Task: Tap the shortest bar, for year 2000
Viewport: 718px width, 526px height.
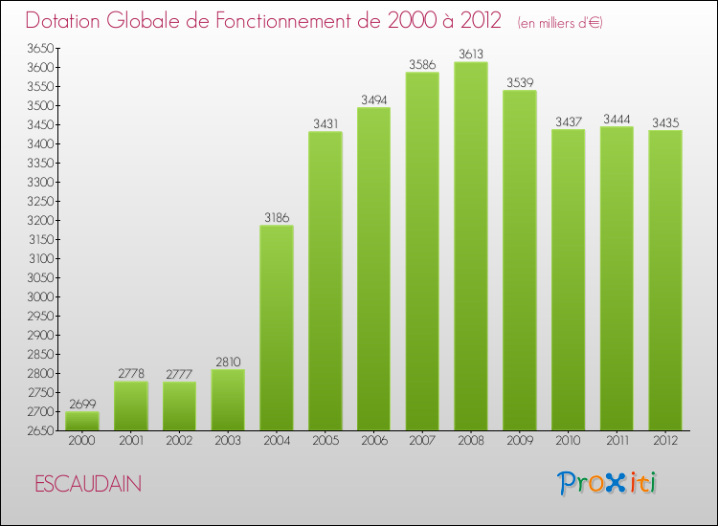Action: pyautogui.click(x=81, y=420)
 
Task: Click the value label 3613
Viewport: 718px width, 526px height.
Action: pyautogui.click(x=471, y=55)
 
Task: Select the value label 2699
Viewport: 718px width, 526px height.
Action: pyautogui.click(x=81, y=405)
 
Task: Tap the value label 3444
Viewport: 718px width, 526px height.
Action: pyautogui.click(x=617, y=120)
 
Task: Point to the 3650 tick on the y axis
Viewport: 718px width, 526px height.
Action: pyautogui.click(x=38, y=48)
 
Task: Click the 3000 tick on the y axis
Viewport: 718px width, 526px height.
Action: pyautogui.click(x=38, y=296)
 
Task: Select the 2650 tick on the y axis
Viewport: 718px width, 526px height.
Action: pyautogui.click(x=38, y=430)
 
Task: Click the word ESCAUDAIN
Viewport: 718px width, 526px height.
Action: pyautogui.click(x=87, y=485)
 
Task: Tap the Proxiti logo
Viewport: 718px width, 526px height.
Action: pyautogui.click(x=608, y=483)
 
